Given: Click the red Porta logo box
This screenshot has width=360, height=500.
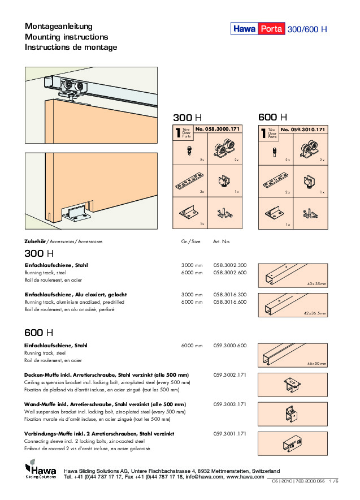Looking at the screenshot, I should [x=272, y=29].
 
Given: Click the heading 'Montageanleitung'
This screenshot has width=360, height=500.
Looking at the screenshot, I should [x=59, y=27].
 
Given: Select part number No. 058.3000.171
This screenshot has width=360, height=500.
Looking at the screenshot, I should [x=218, y=130].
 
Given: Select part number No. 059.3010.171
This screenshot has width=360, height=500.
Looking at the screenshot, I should [x=303, y=130].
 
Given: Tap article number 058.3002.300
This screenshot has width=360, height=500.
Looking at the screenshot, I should [x=229, y=265].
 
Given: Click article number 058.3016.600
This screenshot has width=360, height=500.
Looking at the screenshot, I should [x=229, y=303].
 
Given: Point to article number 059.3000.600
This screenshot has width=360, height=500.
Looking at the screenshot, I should [x=229, y=346].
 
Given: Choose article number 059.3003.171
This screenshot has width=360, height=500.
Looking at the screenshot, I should [x=229, y=404].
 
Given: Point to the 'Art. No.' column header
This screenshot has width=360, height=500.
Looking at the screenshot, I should [x=222, y=242].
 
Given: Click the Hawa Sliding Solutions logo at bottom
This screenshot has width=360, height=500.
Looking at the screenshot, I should [x=40, y=471].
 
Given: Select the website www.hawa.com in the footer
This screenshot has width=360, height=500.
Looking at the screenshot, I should [x=245, y=477].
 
